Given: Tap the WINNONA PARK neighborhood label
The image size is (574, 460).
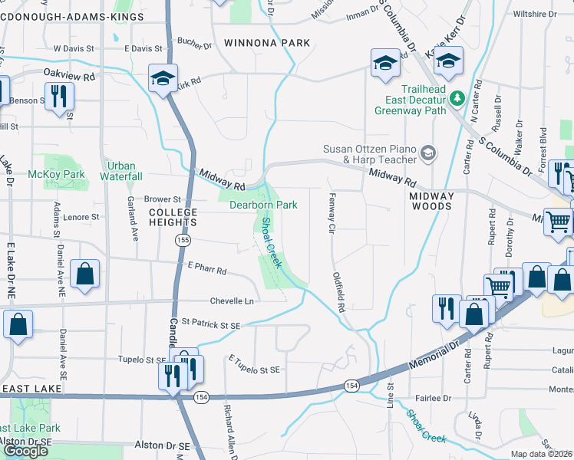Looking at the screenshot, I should coord(267,43).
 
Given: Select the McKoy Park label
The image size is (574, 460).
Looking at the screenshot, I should coord(67,174).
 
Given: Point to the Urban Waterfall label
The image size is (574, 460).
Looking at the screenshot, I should coord(121,171).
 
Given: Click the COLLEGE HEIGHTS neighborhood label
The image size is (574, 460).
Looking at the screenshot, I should coord(173,217).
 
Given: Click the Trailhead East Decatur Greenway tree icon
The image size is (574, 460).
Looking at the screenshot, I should coord(457,97).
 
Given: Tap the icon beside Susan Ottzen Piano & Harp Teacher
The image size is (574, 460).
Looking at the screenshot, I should coord(428,154).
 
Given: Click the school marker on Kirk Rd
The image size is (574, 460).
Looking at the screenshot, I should coord(163,77).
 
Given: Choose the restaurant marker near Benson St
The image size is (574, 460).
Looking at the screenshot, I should coord(59,97).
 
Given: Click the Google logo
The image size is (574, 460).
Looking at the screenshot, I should coord(25,451).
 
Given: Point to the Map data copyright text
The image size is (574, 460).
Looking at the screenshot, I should coord(542,454).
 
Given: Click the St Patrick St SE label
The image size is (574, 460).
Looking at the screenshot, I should coord(210,325).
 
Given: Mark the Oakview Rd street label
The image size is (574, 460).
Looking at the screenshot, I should coord(69,77).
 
